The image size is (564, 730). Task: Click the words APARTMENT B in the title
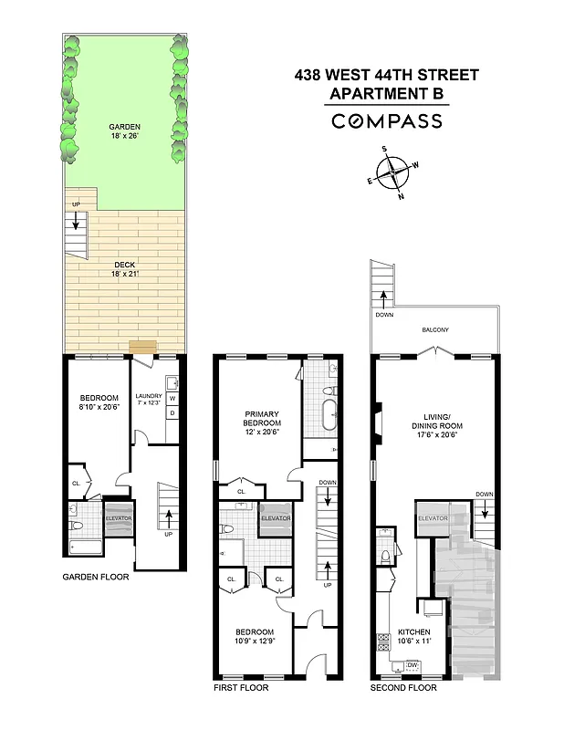click(386, 93)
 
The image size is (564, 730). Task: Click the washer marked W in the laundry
click(171, 399)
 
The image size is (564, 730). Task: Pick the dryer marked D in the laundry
click(171, 413)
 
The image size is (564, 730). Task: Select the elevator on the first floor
click(275, 518)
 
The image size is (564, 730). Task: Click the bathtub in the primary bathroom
click(326, 415)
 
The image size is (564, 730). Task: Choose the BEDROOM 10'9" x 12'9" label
click(254, 637)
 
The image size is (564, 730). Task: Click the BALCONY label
click(434, 330)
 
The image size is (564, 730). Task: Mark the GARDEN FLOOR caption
click(96, 577)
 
